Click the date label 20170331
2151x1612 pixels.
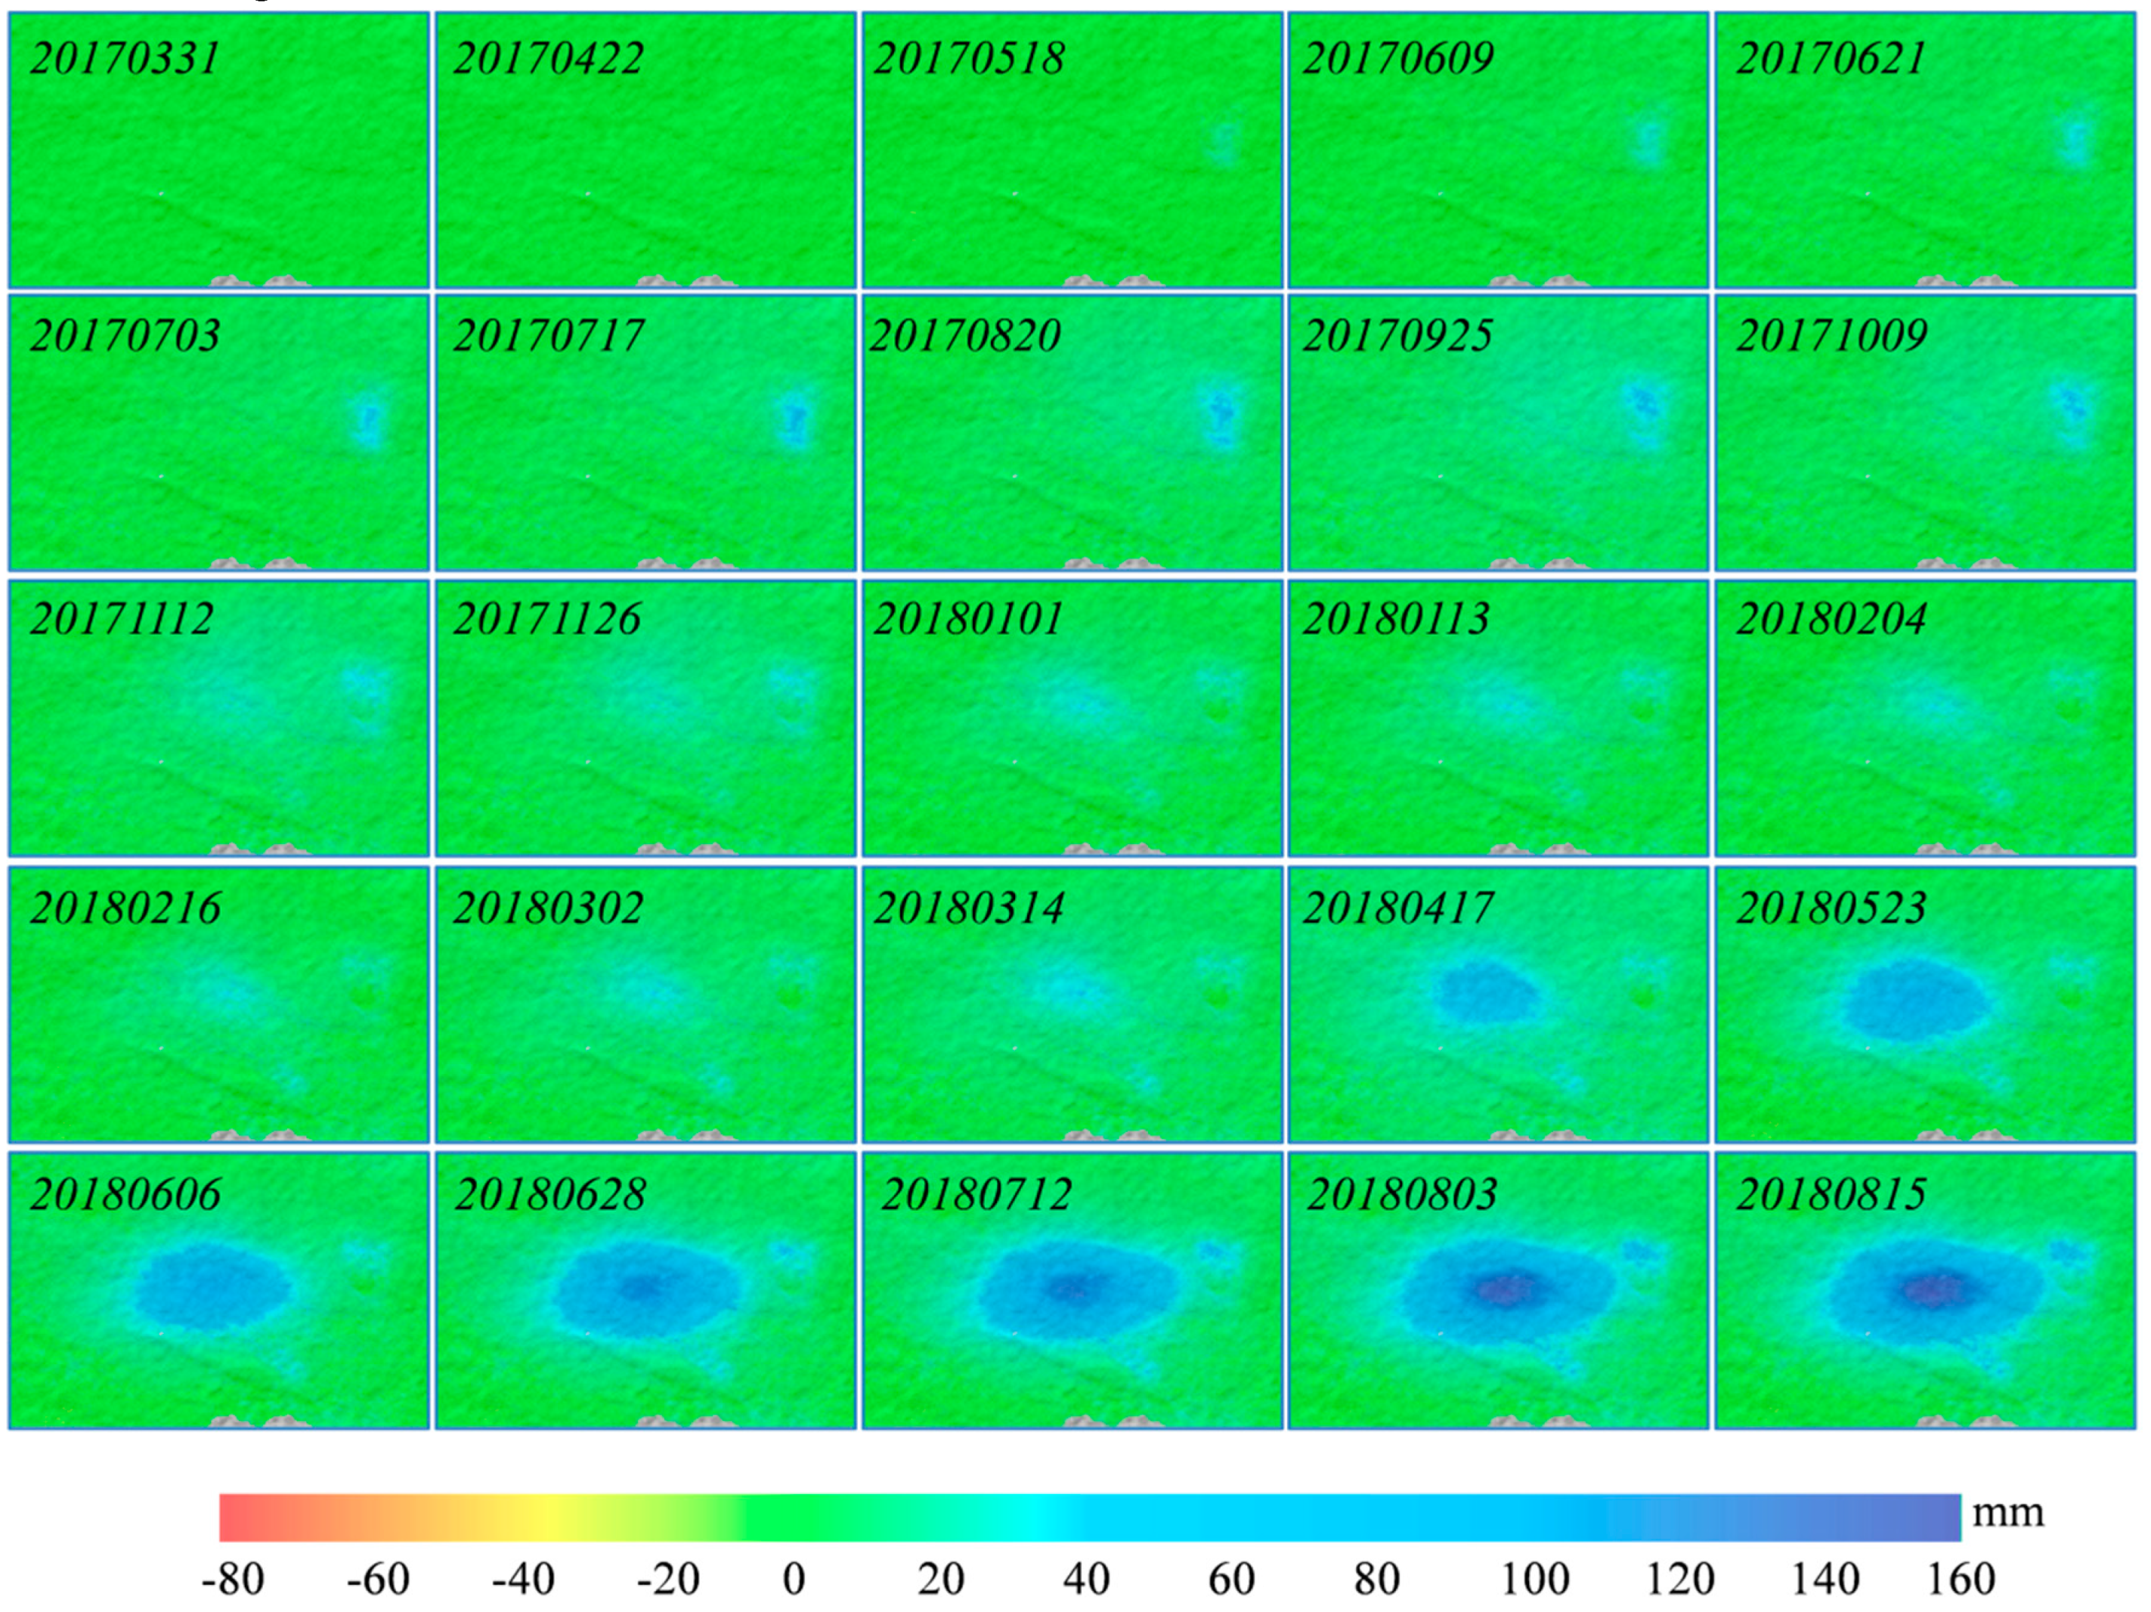point(125,58)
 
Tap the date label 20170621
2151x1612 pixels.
point(1831,58)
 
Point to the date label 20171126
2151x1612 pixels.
point(547,619)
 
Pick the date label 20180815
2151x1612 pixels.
point(1831,1194)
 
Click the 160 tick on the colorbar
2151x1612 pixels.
point(1961,1579)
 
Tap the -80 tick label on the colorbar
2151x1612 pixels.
point(233,1579)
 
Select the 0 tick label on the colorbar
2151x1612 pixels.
point(794,1579)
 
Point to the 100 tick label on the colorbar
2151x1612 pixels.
point(1534,1579)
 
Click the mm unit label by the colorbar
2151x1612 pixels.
point(2009,1513)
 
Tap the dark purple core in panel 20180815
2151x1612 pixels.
point(1933,1290)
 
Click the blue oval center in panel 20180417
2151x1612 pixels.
point(1486,992)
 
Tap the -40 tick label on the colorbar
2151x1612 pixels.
point(523,1579)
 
